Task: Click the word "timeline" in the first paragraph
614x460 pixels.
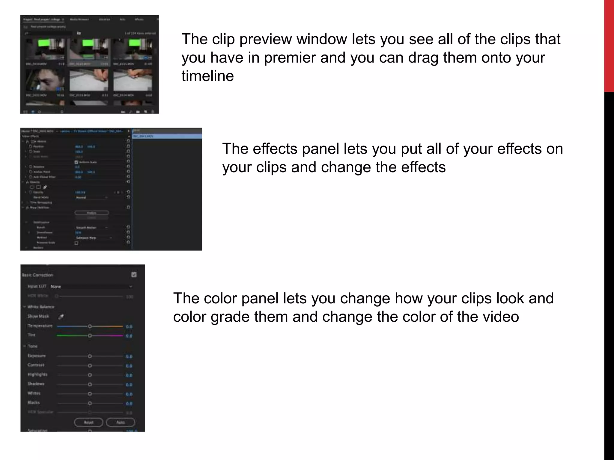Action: point(207,76)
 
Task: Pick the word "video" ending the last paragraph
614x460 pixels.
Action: point(500,317)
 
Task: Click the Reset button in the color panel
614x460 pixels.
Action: point(88,422)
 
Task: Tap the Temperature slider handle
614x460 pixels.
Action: point(90,326)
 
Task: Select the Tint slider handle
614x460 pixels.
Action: point(90,336)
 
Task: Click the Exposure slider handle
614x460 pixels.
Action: point(90,356)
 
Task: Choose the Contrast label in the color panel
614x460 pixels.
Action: point(36,365)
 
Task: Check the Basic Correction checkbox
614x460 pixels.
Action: point(134,275)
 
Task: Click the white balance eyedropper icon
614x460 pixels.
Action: point(61,317)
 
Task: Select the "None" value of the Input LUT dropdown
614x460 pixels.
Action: point(56,287)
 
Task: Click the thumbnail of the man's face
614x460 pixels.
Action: point(45,80)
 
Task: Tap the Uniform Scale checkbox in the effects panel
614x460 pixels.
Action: point(76,162)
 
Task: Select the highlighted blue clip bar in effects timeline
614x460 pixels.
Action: point(167,136)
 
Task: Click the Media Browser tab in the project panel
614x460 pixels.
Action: point(79,19)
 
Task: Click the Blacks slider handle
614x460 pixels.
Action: point(90,403)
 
